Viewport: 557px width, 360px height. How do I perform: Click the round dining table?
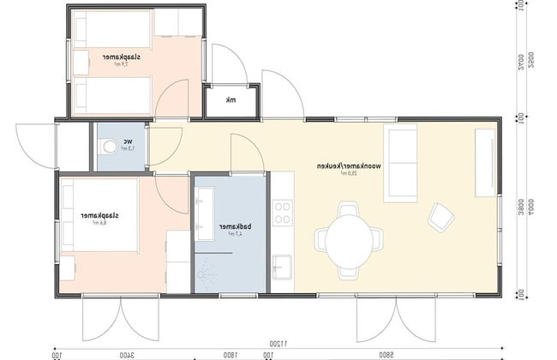point(348,238)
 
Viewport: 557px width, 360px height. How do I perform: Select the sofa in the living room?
point(401,160)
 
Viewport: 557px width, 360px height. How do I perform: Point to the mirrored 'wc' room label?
point(127,142)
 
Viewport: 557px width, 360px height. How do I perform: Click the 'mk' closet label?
point(230,100)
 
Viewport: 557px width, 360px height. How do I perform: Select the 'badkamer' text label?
point(230,227)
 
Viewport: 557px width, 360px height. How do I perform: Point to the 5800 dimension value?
point(386,353)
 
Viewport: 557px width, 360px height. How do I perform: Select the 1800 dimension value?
point(231,353)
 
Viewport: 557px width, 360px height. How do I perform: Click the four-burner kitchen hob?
point(282,213)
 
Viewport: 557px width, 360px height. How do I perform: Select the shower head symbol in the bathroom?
point(204,271)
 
